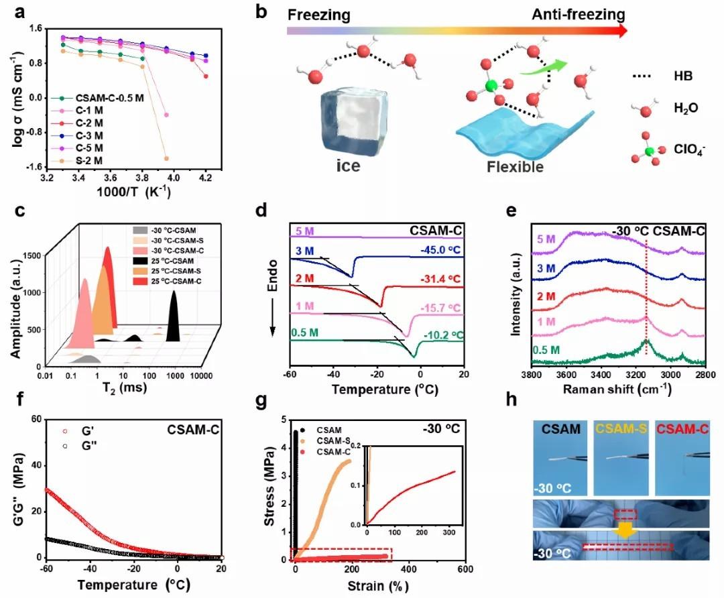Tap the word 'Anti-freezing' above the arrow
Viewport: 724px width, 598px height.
click(x=575, y=14)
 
